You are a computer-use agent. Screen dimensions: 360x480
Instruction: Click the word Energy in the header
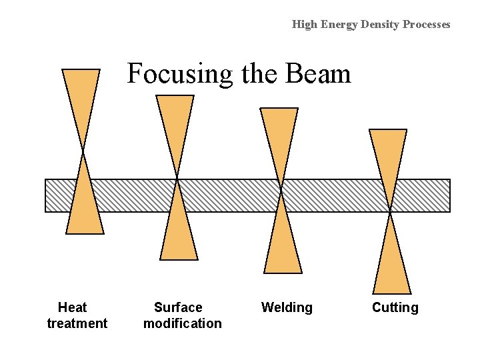point(340,25)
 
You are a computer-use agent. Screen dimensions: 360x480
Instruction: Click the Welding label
point(287,307)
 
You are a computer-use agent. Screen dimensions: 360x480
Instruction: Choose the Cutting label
point(395,307)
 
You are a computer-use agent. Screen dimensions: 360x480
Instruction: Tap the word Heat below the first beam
point(72,307)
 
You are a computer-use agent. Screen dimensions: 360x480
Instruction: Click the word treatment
point(77,323)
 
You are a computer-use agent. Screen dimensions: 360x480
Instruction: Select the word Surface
point(178,307)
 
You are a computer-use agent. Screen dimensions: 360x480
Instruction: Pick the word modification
point(182,323)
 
